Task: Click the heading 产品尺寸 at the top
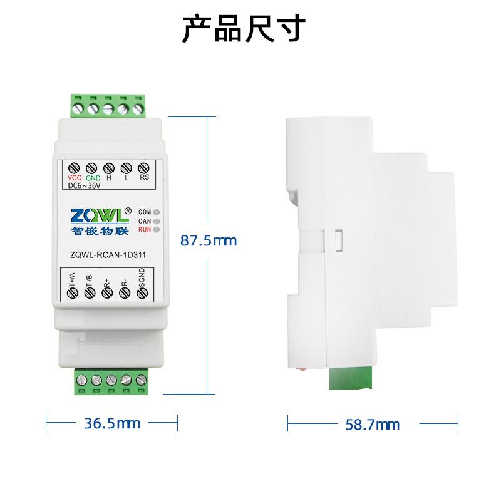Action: coord(244,29)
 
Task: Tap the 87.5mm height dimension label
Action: coord(209,240)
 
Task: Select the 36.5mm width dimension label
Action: coord(112,423)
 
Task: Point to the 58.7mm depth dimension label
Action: coord(372,425)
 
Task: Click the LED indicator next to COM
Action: coord(156,212)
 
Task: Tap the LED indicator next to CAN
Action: coord(156,221)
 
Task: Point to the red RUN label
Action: coord(144,230)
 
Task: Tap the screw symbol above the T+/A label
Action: coord(71,292)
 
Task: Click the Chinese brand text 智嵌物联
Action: coord(98,230)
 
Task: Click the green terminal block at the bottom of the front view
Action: coord(112,380)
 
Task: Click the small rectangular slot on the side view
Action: coord(338,239)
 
